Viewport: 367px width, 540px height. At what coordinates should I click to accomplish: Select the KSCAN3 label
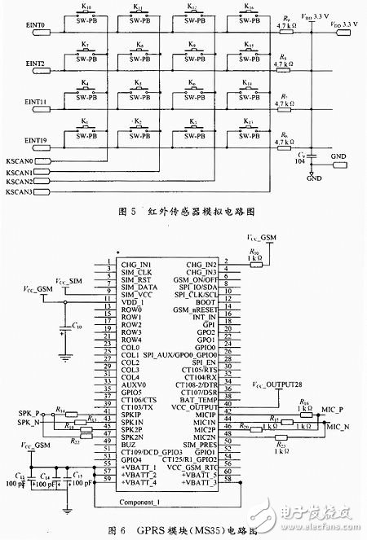[20, 193]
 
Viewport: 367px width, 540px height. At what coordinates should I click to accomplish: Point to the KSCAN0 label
[20, 161]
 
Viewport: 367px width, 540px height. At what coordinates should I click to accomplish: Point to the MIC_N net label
[338, 426]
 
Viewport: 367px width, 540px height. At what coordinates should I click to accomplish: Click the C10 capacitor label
[77, 326]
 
